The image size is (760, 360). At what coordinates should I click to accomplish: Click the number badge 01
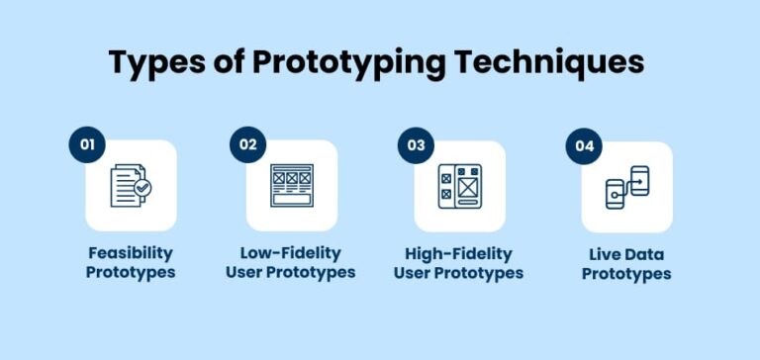point(87,144)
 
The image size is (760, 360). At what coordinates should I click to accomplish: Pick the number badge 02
point(247,144)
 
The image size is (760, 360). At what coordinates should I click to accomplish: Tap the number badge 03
point(416,144)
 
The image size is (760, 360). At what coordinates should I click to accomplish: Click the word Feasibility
point(131,253)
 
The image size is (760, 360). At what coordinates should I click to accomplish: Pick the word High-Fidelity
point(459,253)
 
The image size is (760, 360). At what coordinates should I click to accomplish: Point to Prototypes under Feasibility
point(131,273)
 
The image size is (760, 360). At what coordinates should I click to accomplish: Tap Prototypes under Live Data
point(626,273)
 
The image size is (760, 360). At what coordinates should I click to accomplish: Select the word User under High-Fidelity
point(412,273)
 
